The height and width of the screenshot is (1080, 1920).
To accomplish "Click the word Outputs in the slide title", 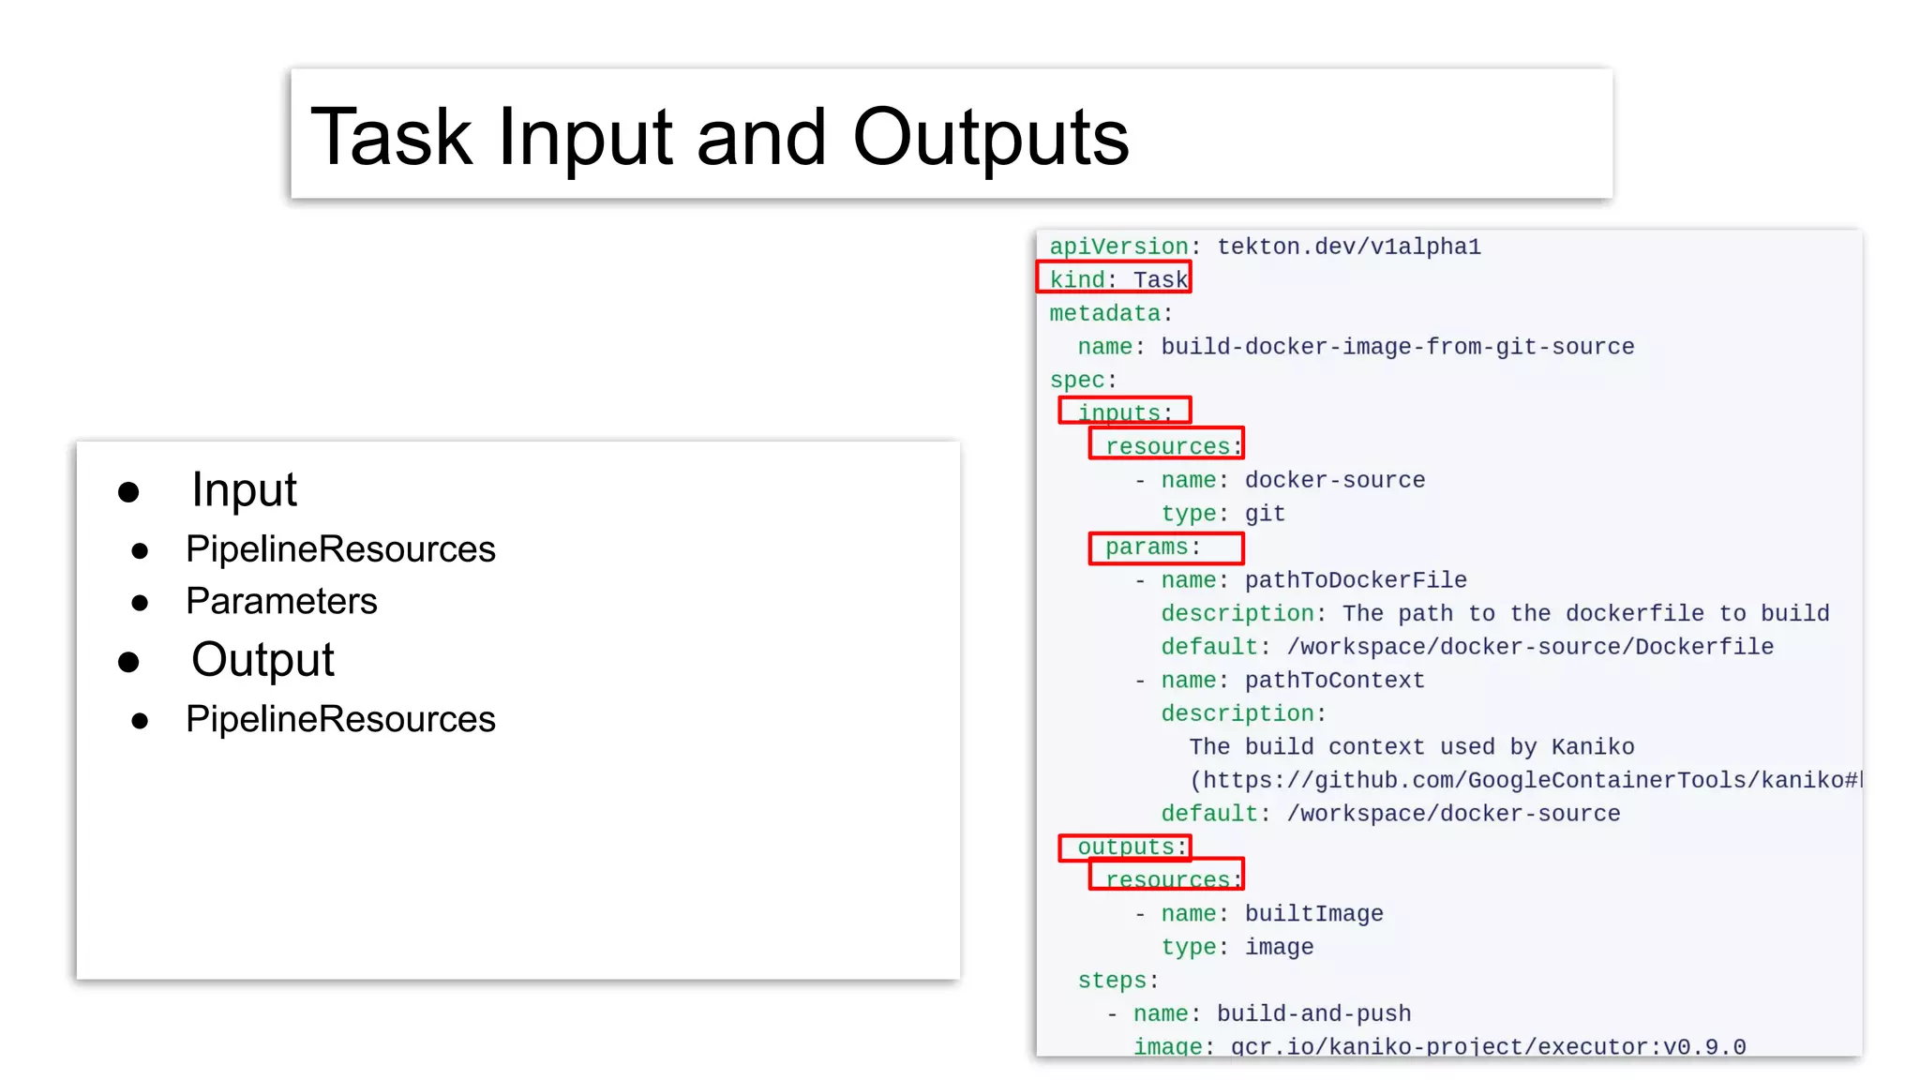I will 990,138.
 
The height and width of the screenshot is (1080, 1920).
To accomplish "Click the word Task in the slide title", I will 391,138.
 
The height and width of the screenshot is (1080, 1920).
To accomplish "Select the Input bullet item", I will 244,490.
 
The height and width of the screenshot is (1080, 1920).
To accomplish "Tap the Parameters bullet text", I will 281,601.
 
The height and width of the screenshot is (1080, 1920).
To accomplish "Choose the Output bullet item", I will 262,660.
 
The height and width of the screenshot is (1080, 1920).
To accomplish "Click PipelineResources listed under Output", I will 340,719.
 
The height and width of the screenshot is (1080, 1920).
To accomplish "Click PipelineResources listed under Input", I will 340,549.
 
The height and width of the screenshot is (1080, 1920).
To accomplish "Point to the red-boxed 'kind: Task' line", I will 1115,278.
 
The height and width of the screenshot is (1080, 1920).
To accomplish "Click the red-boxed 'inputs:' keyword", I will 1125,412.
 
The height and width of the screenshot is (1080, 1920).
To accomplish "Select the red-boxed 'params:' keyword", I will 1165,547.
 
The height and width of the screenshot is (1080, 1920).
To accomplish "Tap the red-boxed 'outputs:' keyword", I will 1125,847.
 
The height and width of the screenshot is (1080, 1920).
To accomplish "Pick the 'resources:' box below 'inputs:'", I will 1166,444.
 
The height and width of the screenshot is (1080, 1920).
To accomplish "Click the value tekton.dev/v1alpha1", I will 1349,247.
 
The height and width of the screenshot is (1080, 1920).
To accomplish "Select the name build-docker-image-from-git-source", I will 1397,347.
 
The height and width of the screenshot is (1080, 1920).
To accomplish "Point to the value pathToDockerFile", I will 1356,580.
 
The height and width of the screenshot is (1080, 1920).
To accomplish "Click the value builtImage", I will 1313,914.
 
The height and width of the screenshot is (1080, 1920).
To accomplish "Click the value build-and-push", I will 1313,1014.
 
